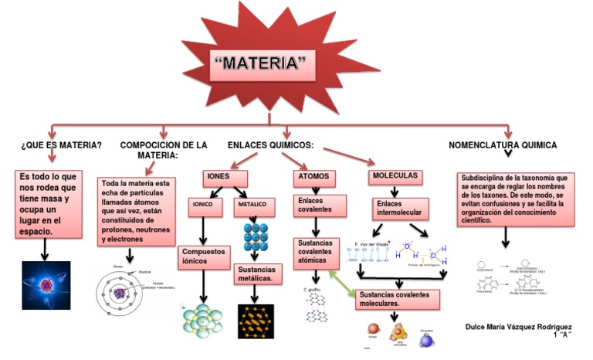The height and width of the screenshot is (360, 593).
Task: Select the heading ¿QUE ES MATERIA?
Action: (61, 144)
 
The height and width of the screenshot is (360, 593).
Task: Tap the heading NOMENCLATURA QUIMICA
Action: (503, 144)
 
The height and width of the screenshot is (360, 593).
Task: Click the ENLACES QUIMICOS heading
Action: (269, 144)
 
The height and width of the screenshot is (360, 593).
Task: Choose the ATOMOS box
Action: (313, 177)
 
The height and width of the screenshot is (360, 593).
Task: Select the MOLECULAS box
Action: (395, 176)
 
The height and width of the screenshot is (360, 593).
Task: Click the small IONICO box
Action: (205, 206)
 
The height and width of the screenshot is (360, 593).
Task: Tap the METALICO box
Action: (252, 206)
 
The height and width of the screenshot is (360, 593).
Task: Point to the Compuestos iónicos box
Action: (202, 256)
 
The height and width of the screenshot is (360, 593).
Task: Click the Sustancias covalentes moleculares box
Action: (398, 300)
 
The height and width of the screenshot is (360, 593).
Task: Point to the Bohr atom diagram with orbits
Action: (127, 295)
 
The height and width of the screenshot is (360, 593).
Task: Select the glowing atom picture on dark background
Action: (46, 285)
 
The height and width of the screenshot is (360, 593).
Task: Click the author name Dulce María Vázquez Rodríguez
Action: (520, 327)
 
